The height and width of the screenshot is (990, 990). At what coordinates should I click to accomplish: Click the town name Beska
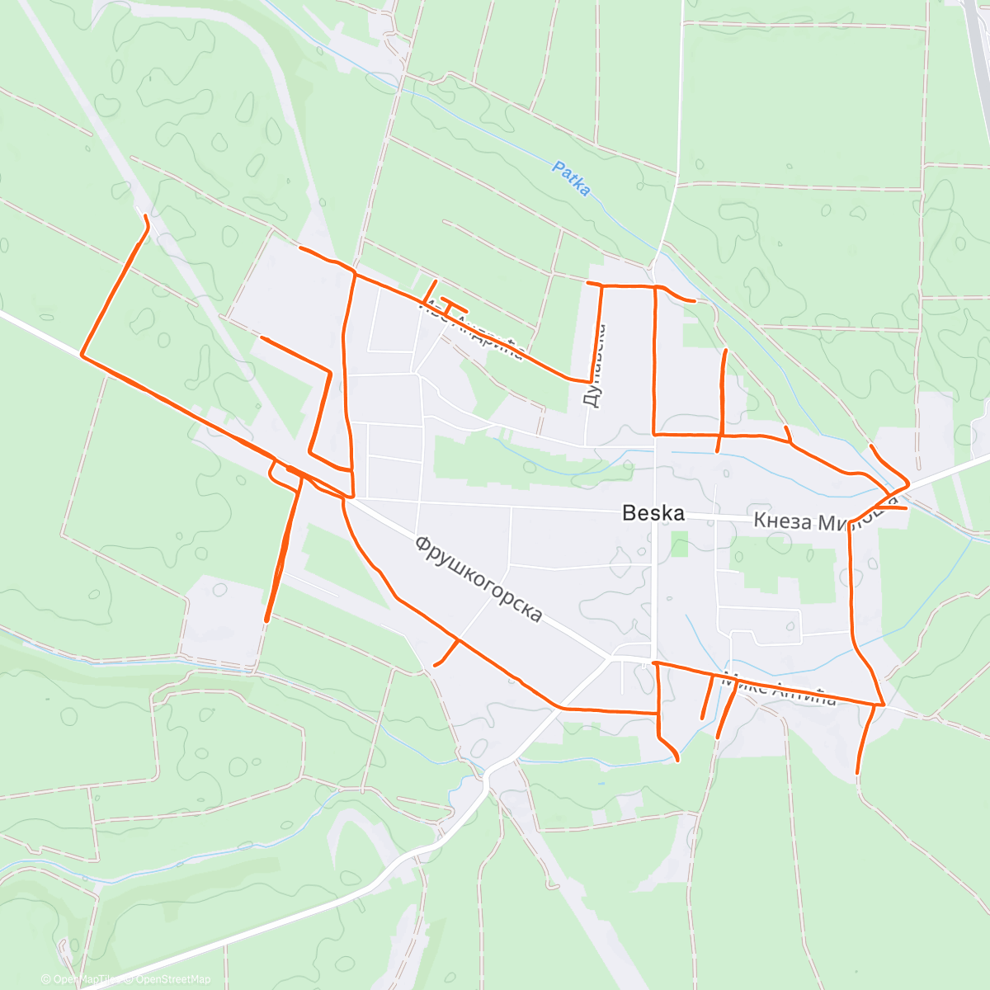653,513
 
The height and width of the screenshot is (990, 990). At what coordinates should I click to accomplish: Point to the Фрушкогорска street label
479,579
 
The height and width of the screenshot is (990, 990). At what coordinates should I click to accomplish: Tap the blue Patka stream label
571,179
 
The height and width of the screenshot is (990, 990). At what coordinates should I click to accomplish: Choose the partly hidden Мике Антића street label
779,691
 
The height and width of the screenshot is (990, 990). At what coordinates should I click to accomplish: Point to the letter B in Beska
629,513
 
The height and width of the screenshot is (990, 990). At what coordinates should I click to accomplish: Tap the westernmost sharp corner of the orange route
82,355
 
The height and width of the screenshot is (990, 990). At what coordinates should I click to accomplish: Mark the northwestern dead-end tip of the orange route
146,216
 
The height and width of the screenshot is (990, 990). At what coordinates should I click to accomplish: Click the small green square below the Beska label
679,544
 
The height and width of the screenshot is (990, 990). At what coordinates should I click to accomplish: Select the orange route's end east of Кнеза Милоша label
906,508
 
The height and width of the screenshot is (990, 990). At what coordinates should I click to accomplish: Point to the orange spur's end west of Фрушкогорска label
436,664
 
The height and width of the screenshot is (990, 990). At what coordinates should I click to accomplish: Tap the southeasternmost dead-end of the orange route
858,772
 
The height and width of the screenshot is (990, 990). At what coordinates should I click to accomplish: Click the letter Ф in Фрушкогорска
423,544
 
